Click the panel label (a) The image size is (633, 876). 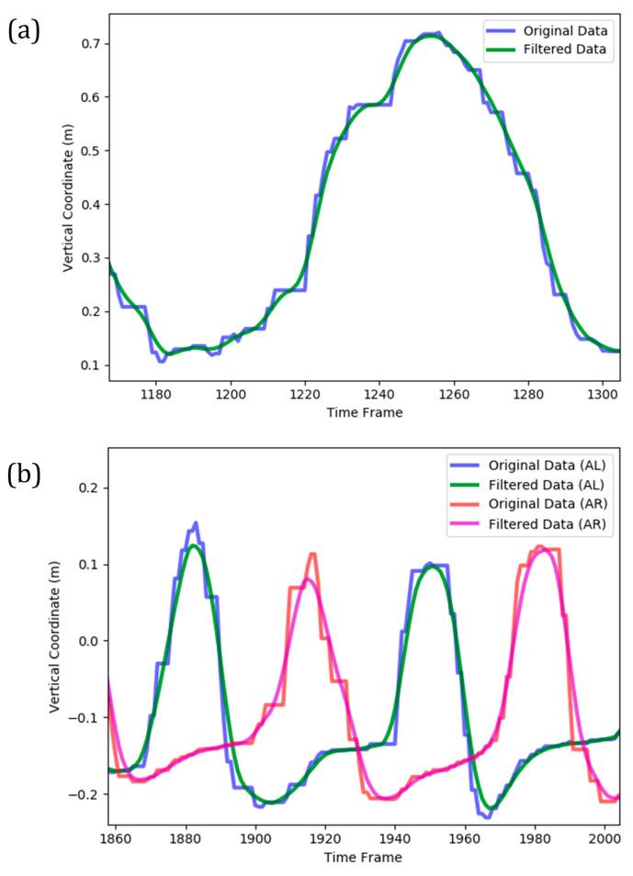(x=22, y=33)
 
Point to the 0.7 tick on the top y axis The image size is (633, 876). (x=90, y=44)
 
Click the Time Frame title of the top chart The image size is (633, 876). (x=365, y=413)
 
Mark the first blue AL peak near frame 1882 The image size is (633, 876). (x=195, y=523)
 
